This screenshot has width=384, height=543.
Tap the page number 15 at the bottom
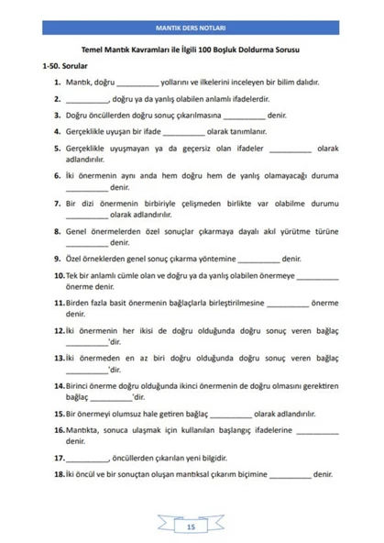(x=191, y=526)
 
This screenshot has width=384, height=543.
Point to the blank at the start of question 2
(x=87, y=100)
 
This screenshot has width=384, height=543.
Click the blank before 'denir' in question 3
(x=244, y=116)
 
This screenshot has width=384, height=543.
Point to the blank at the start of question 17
(x=87, y=458)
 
